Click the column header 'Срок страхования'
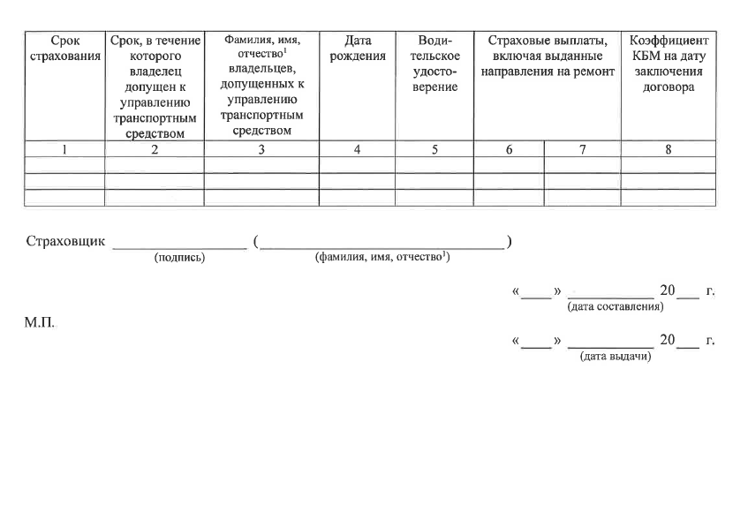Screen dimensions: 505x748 (x=64, y=49)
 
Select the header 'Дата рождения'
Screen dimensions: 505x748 (x=357, y=49)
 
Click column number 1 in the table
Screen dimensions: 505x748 (x=64, y=150)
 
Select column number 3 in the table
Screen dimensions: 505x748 (x=261, y=150)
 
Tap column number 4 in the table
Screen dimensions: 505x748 (x=357, y=150)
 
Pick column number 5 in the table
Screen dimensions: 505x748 (x=434, y=150)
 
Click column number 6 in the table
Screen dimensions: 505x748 (x=509, y=150)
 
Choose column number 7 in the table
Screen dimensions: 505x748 (x=583, y=150)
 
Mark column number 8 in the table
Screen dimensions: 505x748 (x=669, y=150)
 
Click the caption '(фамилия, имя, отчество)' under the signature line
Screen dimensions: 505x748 (x=382, y=257)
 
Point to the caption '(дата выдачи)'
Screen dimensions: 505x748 (x=615, y=356)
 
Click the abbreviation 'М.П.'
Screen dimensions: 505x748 (x=39, y=323)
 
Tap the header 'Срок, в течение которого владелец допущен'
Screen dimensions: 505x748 (x=155, y=87)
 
